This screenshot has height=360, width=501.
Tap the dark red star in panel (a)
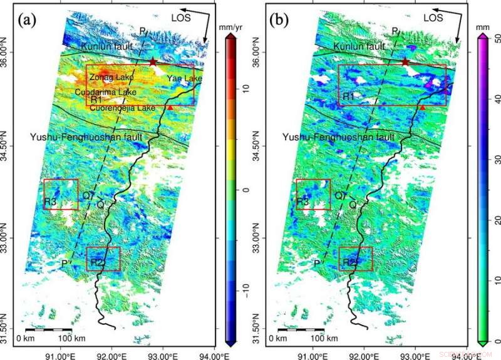(153, 62)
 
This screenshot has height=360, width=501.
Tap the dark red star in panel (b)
(405, 62)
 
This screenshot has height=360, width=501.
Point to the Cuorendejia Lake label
(121, 108)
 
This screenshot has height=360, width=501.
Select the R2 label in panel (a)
(96, 262)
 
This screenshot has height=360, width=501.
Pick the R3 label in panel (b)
(303, 202)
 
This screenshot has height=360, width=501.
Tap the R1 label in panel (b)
(348, 97)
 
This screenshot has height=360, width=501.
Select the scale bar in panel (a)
(48, 329)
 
